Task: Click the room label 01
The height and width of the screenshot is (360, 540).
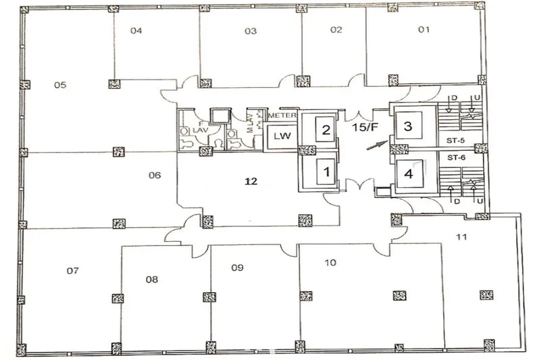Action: [424, 29]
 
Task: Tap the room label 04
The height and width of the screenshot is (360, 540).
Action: [136, 31]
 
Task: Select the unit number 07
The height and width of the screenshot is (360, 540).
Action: [73, 271]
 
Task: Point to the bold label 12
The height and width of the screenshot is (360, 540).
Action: [251, 181]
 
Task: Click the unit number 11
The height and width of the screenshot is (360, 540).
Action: [461, 236]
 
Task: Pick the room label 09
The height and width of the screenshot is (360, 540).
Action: [237, 268]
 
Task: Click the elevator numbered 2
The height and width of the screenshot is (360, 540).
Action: [325, 130]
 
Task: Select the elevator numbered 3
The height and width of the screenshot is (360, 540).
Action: [408, 126]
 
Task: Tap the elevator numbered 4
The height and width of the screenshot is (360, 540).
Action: [409, 174]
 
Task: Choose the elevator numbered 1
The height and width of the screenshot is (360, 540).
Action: [326, 172]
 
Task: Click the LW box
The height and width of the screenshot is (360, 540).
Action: [282, 136]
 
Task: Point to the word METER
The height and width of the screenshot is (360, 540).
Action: [282, 115]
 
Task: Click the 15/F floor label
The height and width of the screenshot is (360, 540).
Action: [365, 127]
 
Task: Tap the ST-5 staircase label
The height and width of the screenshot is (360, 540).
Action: [455, 140]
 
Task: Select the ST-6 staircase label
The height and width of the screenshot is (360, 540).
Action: [457, 158]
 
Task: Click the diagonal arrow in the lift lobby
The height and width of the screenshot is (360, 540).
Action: [377, 145]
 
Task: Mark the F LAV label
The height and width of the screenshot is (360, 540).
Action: [200, 127]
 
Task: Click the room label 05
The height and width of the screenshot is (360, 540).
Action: [60, 85]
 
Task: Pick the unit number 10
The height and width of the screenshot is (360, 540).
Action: [330, 263]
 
